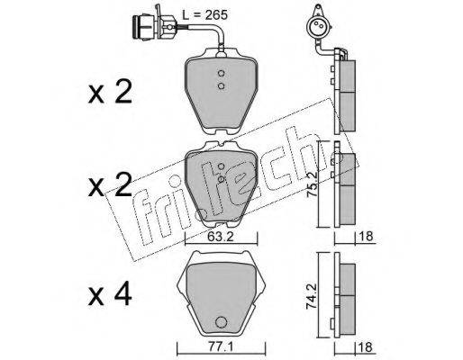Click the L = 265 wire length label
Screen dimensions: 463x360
click(205, 15)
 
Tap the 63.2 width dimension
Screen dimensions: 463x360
click(220, 238)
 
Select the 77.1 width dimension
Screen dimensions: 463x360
click(221, 348)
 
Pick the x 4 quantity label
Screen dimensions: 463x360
click(110, 295)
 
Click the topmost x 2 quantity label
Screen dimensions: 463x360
click(110, 92)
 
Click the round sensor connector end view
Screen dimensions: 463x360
click(318, 26)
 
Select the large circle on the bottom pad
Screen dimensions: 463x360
click(221, 322)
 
